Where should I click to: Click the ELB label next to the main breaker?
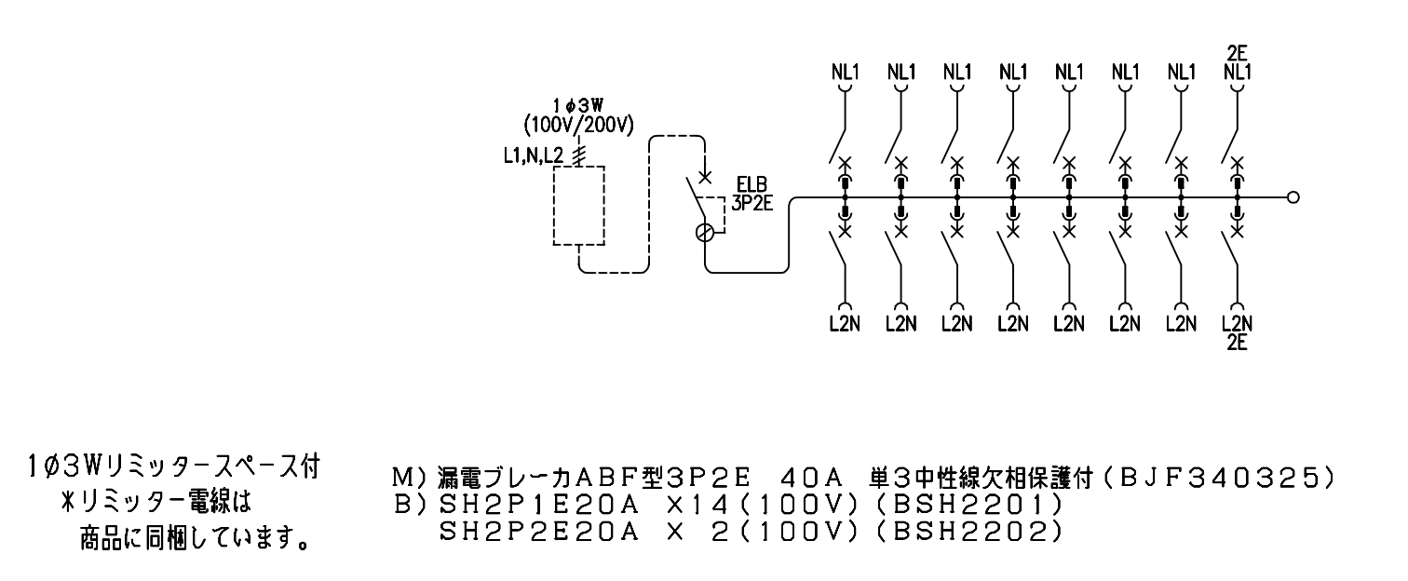[751, 185]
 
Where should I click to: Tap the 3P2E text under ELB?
[751, 203]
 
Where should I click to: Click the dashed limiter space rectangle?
[579, 167]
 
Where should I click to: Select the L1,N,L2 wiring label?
[533, 155]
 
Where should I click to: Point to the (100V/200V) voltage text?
[579, 126]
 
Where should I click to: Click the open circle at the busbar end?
[1293, 197]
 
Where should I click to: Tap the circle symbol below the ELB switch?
[705, 233]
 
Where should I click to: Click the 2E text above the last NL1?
[1237, 53]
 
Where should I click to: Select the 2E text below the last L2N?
[1237, 343]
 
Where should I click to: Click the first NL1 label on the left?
[845, 73]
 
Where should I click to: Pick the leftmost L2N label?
[845, 324]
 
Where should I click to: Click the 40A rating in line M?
[811, 480]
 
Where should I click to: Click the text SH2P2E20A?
[538, 532]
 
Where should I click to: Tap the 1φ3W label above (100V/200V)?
[578, 105]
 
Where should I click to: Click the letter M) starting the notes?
[411, 480]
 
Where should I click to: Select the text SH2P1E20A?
[538, 505]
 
